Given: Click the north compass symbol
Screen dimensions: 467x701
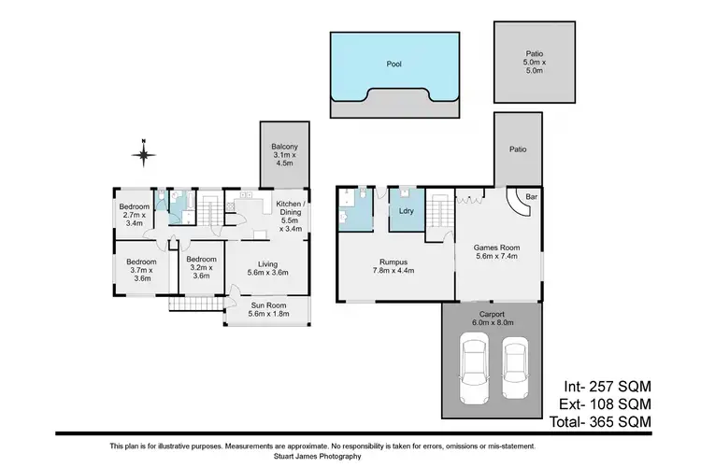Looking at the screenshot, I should click(142, 152).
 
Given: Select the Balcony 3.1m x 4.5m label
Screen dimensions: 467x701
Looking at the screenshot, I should click(283, 154).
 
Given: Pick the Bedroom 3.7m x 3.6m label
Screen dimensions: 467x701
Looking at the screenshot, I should click(140, 269).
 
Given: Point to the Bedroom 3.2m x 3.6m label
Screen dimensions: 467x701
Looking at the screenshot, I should click(201, 266).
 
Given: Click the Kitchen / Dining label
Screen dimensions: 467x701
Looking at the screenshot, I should click(289, 213).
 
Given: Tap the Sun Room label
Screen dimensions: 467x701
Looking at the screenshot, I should click(267, 309).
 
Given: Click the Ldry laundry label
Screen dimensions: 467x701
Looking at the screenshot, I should click(407, 210).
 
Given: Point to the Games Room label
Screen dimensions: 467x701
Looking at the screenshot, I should click(496, 253).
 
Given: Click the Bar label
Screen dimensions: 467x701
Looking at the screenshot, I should click(531, 198).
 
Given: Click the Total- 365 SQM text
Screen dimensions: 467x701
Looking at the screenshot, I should click(607, 422).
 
